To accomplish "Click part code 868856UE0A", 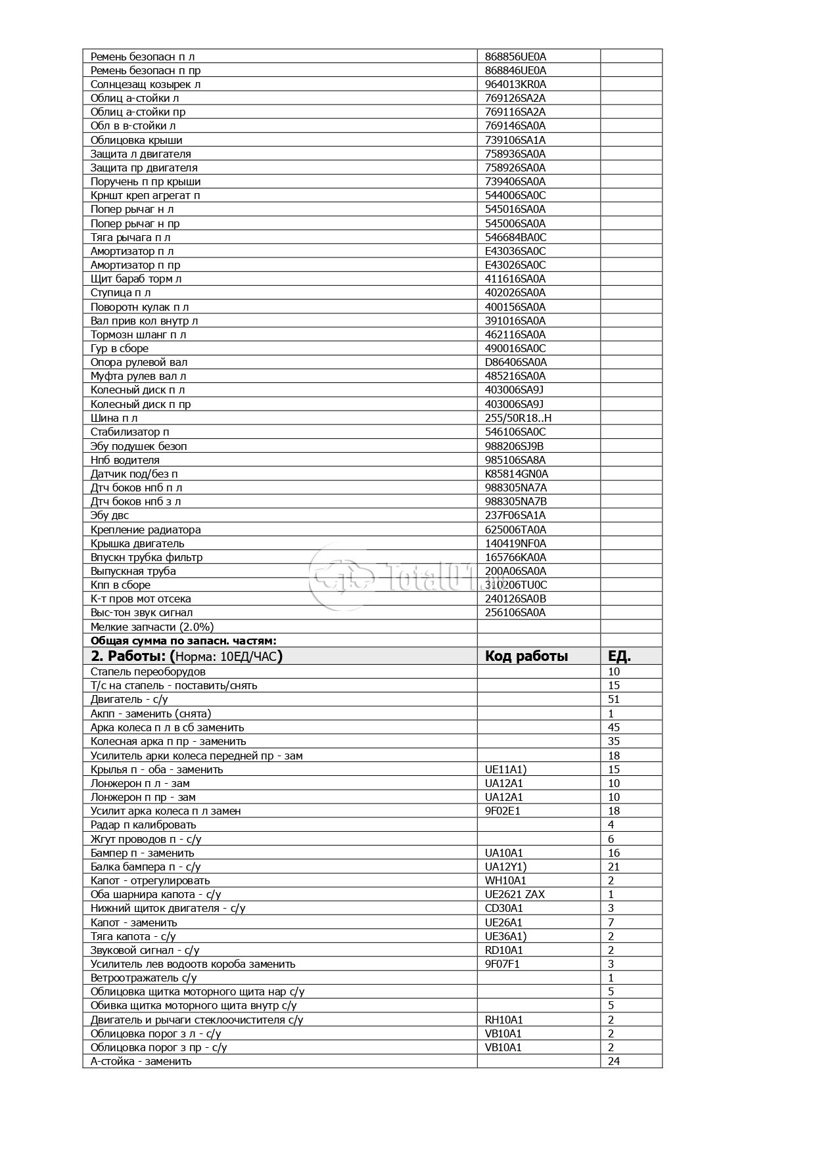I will coord(515,57).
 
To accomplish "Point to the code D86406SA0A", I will coord(515,362).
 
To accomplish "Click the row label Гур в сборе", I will coord(119,348).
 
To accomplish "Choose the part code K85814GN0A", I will coord(516,474).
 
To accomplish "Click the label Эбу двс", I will coord(109,515).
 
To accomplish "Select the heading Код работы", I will coord(526,656).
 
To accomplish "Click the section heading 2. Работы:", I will coord(129,656).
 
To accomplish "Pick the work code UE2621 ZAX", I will coord(515,894).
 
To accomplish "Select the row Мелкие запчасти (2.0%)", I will coord(152,627).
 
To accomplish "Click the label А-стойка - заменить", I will coord(141,1061).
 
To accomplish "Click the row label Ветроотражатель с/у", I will coord(143,978).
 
